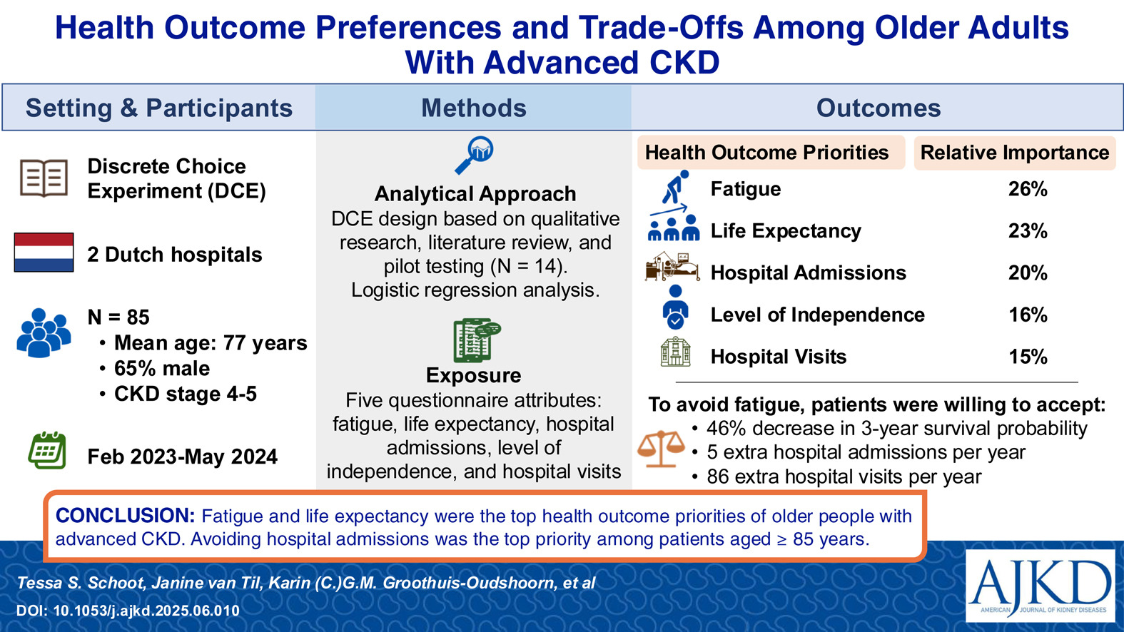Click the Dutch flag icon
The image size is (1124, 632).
pos(44,253)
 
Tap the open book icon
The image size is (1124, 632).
pos(44,178)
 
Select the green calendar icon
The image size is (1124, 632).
pos(46,450)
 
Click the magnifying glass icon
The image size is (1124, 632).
pos(474,156)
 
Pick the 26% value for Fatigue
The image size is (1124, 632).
pos(1028,189)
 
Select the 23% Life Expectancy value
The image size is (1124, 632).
pos(1028,231)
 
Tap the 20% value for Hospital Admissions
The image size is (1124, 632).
pos(1028,273)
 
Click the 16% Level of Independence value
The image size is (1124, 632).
pos(1028,315)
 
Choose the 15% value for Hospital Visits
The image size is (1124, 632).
pos(1028,357)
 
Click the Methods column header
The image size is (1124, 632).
pos(474,108)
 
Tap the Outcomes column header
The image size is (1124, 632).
pos(878,108)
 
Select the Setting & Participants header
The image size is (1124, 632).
pos(159,108)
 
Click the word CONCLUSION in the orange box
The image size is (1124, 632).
pos(125,516)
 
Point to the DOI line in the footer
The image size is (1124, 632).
pos(128,611)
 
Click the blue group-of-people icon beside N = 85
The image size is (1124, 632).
pos(44,332)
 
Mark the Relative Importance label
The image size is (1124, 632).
pos(1015,153)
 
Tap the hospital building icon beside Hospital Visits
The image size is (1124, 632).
pos(675,352)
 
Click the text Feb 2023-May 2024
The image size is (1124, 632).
pos(182,457)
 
